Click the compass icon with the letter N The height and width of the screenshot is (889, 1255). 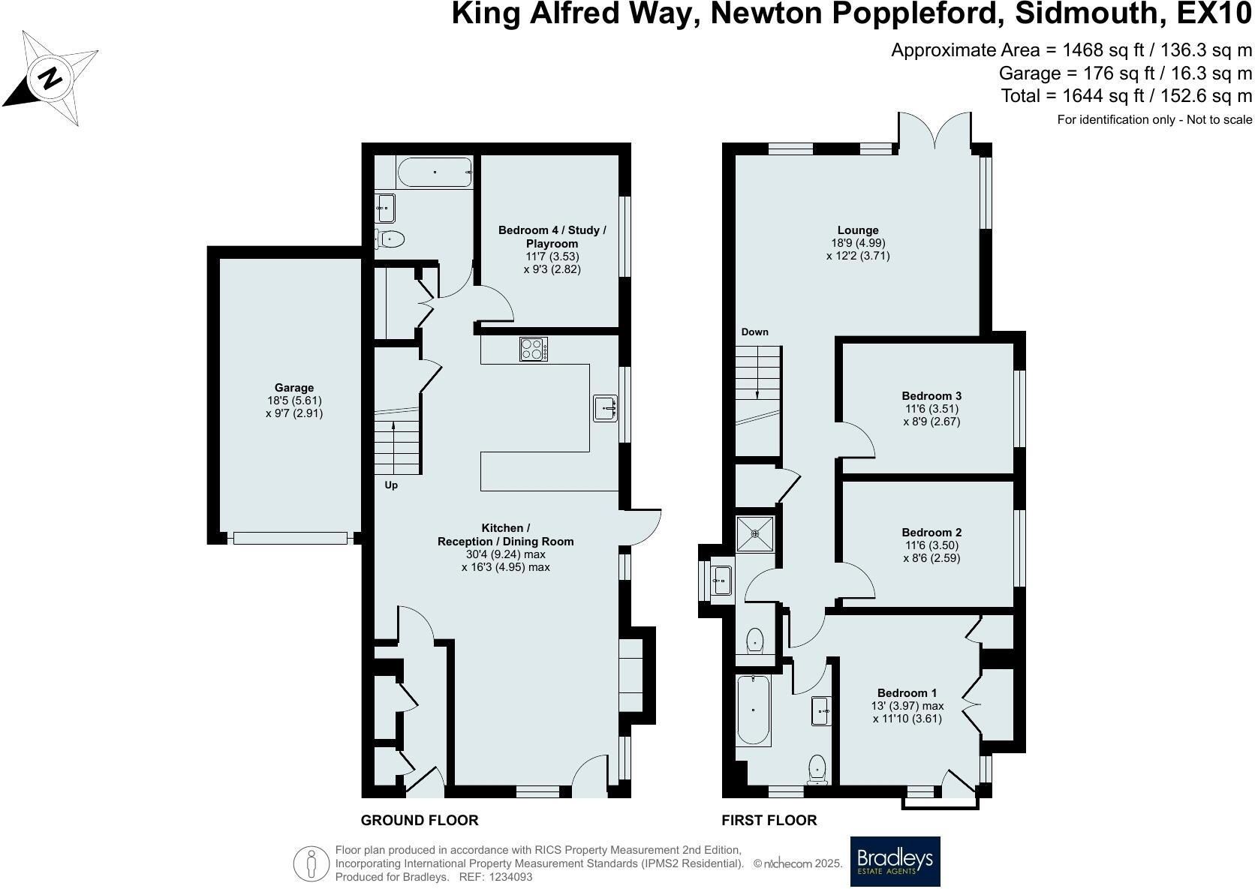click(50, 78)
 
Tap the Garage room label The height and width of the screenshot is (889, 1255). click(293, 388)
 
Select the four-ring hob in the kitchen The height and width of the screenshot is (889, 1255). click(534, 350)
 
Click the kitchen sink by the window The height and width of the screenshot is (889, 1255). click(605, 409)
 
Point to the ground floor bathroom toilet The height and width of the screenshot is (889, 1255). click(390, 239)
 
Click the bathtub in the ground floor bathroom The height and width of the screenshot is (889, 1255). click(434, 173)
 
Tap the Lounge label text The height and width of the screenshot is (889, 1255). click(858, 230)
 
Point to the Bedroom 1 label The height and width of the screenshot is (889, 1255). click(907, 692)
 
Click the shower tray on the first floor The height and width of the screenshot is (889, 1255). click(755, 533)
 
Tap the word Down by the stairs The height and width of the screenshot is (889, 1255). click(754, 332)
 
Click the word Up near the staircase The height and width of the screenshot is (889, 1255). click(391, 485)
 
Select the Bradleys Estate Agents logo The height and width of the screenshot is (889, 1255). click(895, 861)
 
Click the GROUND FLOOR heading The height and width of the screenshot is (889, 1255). click(419, 820)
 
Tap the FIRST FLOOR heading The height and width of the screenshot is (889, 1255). click(769, 820)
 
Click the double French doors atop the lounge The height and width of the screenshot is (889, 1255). click(934, 132)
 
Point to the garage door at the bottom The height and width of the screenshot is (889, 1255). click(290, 538)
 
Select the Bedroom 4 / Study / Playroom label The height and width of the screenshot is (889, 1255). click(552, 236)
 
